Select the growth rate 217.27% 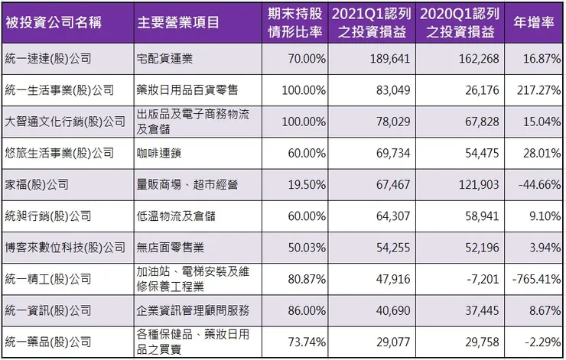(538, 90)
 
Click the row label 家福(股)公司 (37, 184)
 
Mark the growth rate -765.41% (535, 280)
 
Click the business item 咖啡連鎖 (161, 153)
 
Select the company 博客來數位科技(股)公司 (64, 248)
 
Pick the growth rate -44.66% (538, 184)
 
